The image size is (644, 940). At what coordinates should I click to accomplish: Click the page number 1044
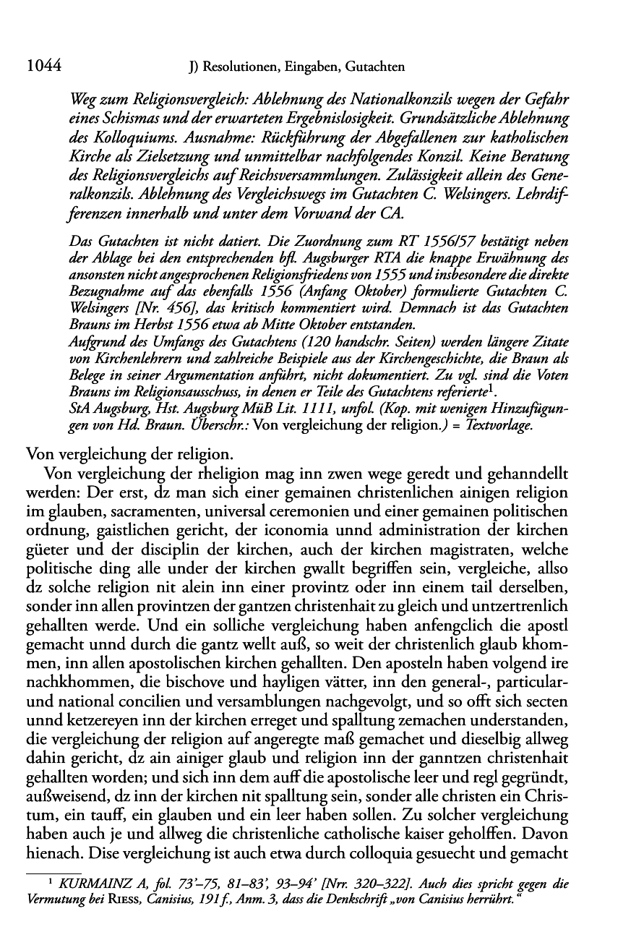click(x=41, y=67)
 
